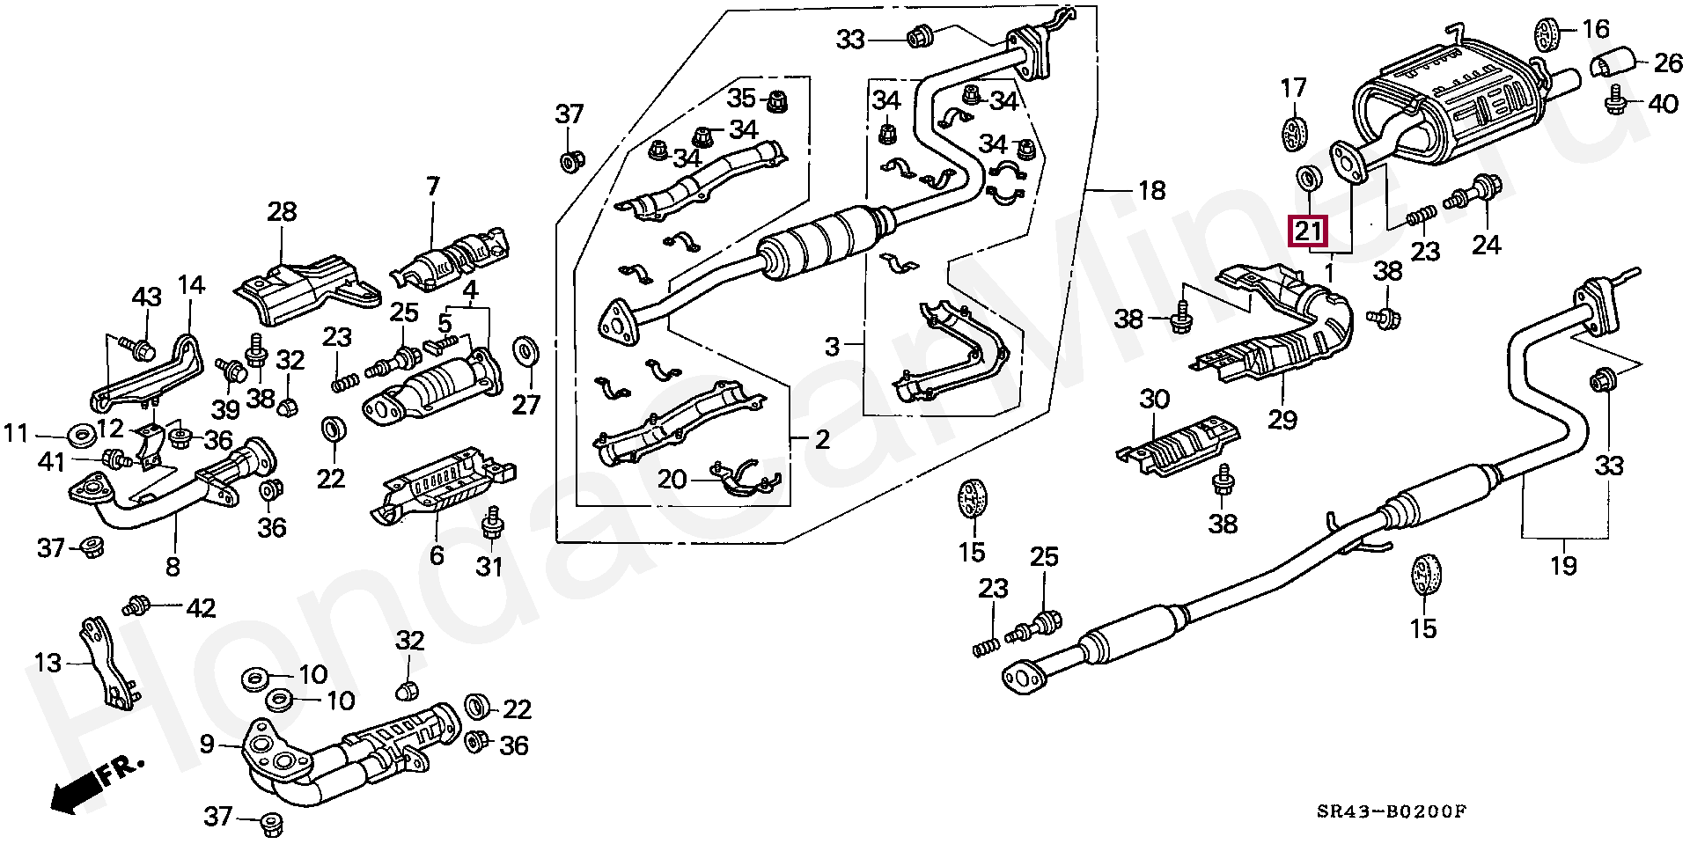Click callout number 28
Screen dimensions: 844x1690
pos(282,212)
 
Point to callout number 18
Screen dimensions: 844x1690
pos(1151,190)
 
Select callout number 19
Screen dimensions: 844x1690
pos(1563,565)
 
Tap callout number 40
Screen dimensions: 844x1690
pos(1663,104)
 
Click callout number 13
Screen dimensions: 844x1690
pos(48,662)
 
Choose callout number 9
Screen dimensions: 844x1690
pos(207,745)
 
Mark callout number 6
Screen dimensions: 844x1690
pos(437,554)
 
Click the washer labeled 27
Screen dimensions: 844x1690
pos(526,351)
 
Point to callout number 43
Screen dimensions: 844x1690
pos(146,297)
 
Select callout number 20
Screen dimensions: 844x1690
pos(672,480)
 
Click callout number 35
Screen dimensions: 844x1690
pos(741,97)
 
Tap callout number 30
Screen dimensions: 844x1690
pos(1155,400)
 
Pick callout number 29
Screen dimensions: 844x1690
pos(1282,420)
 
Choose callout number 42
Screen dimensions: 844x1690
pos(201,608)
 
